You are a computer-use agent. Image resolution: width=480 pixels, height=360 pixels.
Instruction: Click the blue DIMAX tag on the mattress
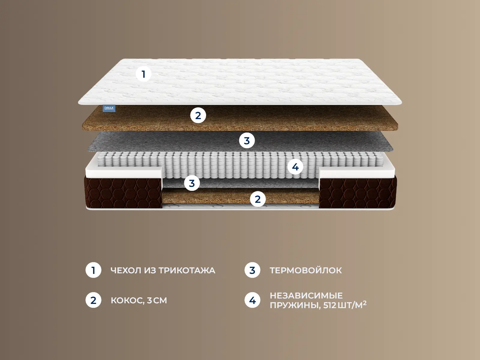point(109,108)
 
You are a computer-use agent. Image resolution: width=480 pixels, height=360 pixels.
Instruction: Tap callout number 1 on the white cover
point(143,74)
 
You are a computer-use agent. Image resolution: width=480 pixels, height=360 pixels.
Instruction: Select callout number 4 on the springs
point(295,167)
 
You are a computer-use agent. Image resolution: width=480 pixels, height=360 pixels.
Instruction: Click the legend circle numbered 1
point(93,270)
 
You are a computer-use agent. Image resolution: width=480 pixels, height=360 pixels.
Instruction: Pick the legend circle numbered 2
point(93,300)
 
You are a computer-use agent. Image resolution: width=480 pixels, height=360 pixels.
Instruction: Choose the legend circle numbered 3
point(252,270)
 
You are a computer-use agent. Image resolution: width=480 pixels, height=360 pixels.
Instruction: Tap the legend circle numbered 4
point(252,300)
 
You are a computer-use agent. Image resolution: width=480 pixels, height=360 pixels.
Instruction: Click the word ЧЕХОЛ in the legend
point(126,270)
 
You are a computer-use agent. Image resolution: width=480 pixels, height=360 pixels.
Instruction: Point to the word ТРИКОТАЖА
point(187,270)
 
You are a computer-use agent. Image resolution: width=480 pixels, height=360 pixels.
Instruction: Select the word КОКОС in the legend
point(127,301)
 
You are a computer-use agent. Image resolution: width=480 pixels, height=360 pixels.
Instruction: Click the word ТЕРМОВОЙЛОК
point(306,270)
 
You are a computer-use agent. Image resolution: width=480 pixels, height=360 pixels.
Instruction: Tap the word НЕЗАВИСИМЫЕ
point(306,295)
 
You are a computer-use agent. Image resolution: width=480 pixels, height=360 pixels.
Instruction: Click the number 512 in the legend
point(330,305)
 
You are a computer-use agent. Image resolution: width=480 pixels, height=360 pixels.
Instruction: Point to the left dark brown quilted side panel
point(123,193)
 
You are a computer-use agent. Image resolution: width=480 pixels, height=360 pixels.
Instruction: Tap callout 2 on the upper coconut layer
point(198,115)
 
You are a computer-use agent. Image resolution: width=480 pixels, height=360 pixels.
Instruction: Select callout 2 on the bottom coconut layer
point(258,199)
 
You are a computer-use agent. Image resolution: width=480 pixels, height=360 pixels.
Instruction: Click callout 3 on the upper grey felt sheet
point(247,140)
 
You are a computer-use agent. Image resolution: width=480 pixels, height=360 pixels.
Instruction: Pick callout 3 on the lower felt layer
point(192,183)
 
